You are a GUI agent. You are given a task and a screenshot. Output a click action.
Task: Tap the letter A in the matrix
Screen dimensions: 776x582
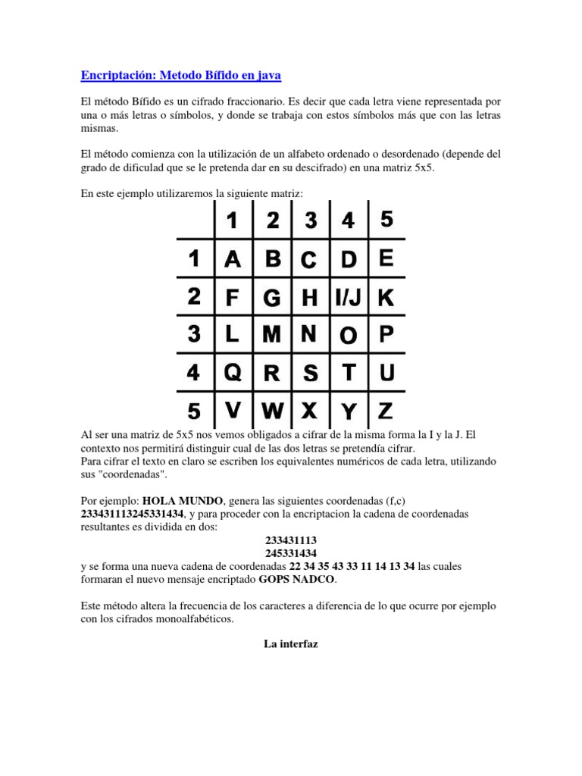[233, 260]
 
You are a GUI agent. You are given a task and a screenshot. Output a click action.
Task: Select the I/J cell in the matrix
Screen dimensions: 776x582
[349, 299]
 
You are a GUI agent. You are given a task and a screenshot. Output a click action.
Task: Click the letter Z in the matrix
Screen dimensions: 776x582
[386, 411]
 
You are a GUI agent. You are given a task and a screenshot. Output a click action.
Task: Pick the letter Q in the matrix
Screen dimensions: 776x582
[233, 373]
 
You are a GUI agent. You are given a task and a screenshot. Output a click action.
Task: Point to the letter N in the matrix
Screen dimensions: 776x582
[309, 334]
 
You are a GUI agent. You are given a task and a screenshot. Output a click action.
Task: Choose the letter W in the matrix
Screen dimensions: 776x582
[272, 411]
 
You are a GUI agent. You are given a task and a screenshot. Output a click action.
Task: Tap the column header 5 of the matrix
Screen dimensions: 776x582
[386, 220]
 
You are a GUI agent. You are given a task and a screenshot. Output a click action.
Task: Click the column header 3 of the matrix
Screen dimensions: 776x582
[310, 221]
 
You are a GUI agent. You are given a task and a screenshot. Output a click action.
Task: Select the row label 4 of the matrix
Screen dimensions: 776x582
[194, 374]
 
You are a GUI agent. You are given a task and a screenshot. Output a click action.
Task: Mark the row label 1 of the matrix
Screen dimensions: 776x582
[194, 260]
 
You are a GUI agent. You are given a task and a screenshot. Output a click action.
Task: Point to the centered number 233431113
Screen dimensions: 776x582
[291, 540]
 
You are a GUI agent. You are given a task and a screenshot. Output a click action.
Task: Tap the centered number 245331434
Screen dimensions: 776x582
[291, 553]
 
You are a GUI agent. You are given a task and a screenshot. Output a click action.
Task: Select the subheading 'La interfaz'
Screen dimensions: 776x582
[291, 644]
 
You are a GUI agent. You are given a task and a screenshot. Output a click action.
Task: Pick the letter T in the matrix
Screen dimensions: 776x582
[349, 373]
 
